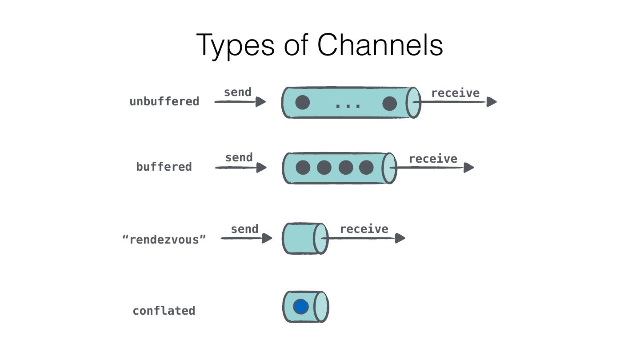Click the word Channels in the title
click(x=380, y=45)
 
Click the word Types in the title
click(x=236, y=46)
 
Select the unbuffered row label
click(x=164, y=101)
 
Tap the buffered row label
click(x=164, y=167)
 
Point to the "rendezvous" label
click(x=164, y=240)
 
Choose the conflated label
click(x=164, y=311)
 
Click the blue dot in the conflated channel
click(x=301, y=307)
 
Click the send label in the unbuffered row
click(x=237, y=92)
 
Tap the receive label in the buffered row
click(x=433, y=159)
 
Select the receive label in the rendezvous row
click(x=364, y=229)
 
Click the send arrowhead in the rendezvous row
click(x=267, y=238)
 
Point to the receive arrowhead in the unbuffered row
click(x=492, y=102)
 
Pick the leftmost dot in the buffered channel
click(x=303, y=168)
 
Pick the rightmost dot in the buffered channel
click(x=366, y=168)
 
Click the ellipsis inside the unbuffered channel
click(x=348, y=106)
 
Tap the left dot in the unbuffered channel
click(x=303, y=103)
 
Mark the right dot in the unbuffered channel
click(x=389, y=103)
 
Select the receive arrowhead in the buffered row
click(x=469, y=168)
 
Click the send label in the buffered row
click(x=239, y=157)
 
